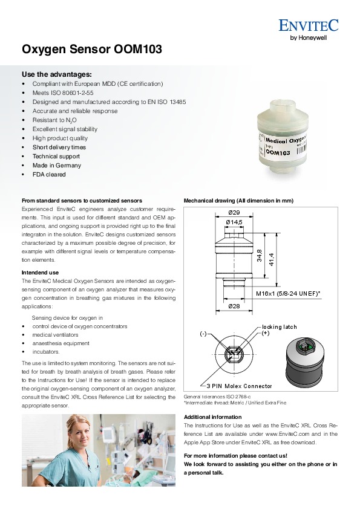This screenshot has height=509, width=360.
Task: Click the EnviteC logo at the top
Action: click(309, 29)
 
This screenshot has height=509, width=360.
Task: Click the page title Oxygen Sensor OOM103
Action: click(92, 50)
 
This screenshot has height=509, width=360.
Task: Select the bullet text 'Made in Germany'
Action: click(56, 165)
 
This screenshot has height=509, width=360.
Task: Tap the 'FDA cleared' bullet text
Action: click(49, 174)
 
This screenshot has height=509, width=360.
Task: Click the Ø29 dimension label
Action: click(234, 213)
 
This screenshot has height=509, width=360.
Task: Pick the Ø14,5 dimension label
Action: click(234, 222)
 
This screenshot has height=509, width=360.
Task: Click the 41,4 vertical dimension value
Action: click(271, 259)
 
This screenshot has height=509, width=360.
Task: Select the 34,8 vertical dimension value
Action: click(260, 256)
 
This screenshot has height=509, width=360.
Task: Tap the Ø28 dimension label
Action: click(234, 306)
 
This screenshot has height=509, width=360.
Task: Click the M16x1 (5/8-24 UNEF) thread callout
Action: click(288, 294)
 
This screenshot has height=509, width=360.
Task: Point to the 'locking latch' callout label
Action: click(280, 327)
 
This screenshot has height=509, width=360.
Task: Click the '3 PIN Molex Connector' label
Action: click(239, 386)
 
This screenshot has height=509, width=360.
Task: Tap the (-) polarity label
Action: click(203, 334)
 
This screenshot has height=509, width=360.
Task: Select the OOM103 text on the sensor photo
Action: click(278, 152)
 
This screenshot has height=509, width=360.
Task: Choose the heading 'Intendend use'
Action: click(41, 273)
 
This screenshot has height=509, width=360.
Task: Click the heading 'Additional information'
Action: click(213, 417)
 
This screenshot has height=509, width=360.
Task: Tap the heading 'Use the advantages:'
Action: click(57, 74)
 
